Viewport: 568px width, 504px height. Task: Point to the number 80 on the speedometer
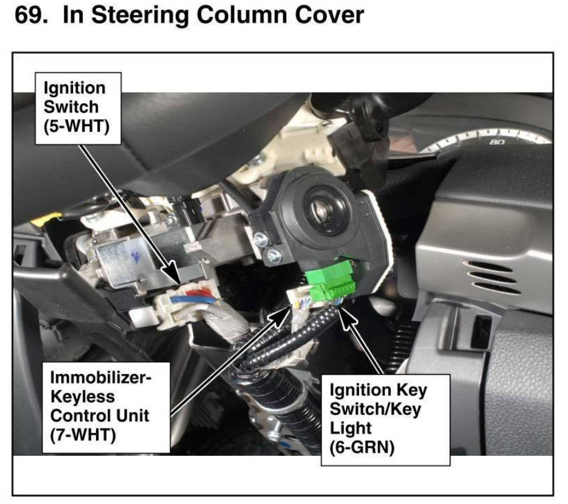point(497,142)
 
